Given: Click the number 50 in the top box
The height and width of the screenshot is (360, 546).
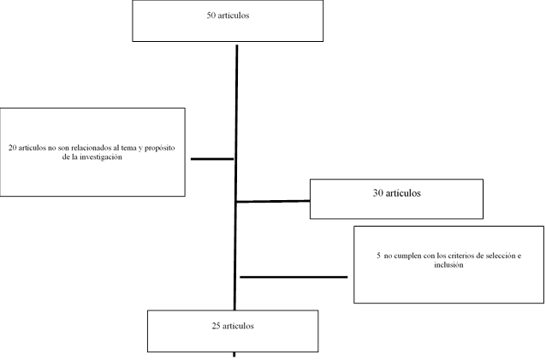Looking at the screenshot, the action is pos(211,15).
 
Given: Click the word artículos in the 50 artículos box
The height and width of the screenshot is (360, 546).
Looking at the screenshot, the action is pos(233,15).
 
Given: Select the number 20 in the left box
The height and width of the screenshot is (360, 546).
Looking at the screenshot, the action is pos(13,148).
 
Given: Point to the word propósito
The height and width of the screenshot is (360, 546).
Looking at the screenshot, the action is pos(160,148).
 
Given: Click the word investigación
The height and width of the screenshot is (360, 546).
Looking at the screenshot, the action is pos(101,157).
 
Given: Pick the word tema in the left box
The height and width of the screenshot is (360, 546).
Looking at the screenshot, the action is pos(129,148).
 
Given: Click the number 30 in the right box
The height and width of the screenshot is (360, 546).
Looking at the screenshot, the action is pos(377,193).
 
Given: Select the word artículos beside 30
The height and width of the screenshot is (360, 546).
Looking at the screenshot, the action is pos(403,193).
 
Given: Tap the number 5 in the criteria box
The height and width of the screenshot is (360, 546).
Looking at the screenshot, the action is pos(378,256).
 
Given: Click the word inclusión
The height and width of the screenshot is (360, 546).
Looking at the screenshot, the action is pos(448,265).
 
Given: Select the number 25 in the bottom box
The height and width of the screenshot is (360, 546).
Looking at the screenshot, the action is pos(216,326).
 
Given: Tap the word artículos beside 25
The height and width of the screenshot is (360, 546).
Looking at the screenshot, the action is pos(238,326).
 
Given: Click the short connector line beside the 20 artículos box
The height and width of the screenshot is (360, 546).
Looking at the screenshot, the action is pos(212,159).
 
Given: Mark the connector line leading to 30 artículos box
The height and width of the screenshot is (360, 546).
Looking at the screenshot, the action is pos(273,201).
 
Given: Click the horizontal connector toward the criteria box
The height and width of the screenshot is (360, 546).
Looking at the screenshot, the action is pos(294,277).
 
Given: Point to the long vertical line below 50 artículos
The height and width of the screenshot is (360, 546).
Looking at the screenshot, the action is pos(235,177).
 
